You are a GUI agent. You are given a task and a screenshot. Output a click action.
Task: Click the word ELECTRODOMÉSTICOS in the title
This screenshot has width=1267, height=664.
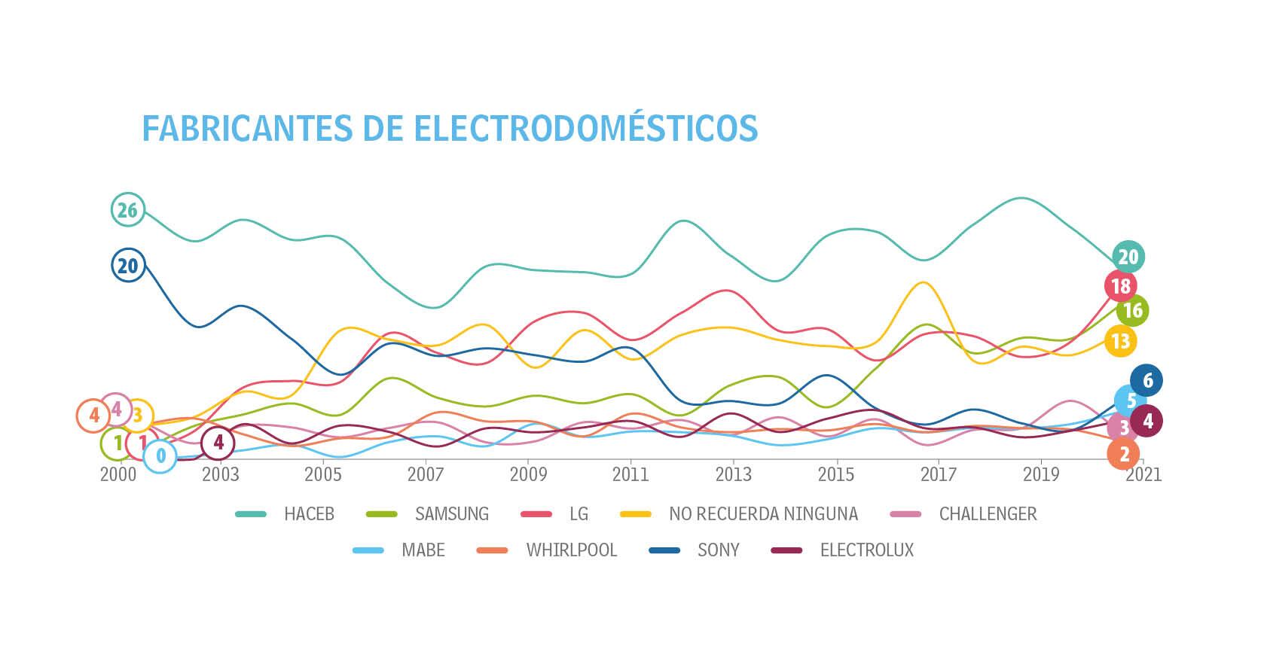[x=586, y=128]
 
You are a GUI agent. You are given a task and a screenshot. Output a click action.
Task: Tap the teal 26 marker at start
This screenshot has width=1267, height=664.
[x=127, y=210]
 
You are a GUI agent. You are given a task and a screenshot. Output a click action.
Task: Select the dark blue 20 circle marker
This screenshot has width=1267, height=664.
[x=128, y=265]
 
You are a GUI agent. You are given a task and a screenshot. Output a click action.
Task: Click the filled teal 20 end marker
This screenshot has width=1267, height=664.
[x=1128, y=257]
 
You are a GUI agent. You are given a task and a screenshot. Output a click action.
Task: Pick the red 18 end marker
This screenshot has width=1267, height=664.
[x=1120, y=286]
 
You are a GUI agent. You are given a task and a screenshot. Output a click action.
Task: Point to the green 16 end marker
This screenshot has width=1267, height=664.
[x=1132, y=310]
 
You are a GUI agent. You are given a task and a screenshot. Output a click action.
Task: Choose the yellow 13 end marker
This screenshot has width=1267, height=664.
[x=1120, y=341]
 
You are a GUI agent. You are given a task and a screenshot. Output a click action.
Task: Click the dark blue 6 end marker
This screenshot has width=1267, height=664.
[x=1146, y=380]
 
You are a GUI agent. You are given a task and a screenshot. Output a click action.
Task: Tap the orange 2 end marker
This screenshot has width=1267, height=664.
[x=1123, y=454]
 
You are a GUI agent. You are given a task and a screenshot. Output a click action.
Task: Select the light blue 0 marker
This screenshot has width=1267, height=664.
[x=160, y=455]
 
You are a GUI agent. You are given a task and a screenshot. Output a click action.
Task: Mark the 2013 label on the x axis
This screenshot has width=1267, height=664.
[x=733, y=474]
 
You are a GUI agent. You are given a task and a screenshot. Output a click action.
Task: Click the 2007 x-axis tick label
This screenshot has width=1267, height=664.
[x=426, y=474]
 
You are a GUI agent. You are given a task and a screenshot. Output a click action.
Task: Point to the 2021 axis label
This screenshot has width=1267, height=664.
[x=1143, y=474]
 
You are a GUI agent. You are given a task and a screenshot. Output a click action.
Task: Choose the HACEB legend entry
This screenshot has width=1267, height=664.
[x=308, y=514]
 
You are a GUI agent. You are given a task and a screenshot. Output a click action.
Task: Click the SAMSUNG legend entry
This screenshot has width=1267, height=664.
[x=451, y=514]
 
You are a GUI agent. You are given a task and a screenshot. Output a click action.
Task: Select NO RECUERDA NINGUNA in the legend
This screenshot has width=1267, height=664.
[x=762, y=514]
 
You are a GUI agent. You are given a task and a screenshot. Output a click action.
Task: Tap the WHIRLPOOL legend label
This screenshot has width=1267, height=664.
[x=571, y=550]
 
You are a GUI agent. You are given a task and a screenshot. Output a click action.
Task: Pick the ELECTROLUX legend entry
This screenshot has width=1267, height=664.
[x=866, y=550]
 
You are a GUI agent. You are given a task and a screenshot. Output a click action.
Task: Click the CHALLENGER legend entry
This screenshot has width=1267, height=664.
[x=988, y=514]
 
